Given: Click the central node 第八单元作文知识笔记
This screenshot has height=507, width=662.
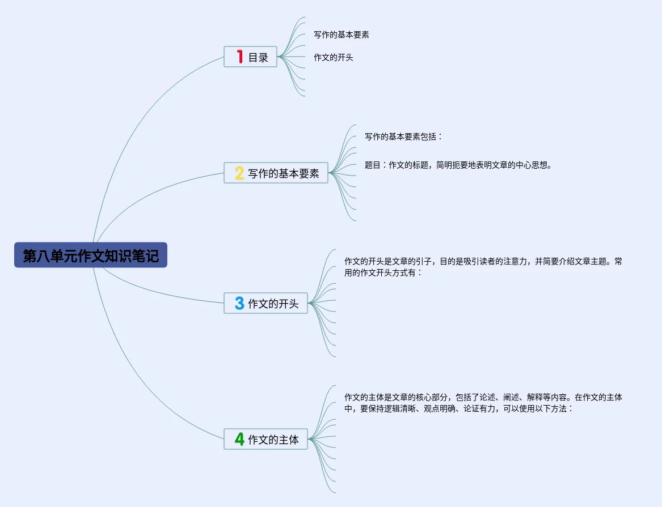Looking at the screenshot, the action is pos(91,255).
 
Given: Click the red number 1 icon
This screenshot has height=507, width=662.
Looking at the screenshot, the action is pos(239,57).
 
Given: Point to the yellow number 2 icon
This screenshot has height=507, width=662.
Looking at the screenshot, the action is pos(239,173).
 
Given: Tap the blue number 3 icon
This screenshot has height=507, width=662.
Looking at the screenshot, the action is pos(239,304).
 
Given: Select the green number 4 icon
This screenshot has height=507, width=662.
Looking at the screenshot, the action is pos(239,439).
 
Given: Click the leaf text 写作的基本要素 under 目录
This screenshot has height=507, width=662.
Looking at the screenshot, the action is pos(341,35).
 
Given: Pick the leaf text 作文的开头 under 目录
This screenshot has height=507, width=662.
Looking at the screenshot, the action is pos(334,57).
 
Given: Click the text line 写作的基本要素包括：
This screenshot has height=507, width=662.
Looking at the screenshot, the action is pos(403,137).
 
